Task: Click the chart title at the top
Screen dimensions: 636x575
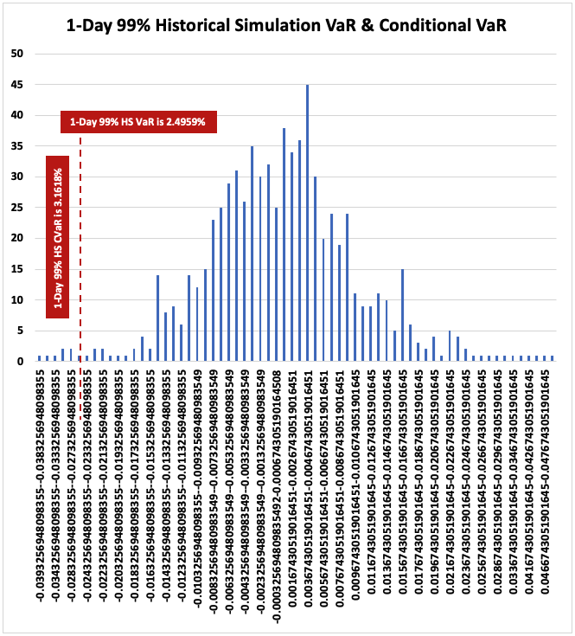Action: click(286, 25)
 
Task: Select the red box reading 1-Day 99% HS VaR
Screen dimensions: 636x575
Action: click(138, 121)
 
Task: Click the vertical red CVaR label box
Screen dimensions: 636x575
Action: click(57, 237)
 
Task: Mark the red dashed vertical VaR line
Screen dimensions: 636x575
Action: click(80, 260)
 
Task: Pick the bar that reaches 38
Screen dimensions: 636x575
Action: click(284, 244)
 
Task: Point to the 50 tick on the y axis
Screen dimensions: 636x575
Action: click(17, 53)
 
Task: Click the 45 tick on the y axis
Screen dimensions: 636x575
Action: click(17, 84)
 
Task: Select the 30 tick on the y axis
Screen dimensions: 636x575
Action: click(17, 177)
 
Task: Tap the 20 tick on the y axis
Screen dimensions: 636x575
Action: click(17, 238)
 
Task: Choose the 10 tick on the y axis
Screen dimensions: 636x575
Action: click(17, 299)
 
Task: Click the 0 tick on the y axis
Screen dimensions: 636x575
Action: click(20, 361)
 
